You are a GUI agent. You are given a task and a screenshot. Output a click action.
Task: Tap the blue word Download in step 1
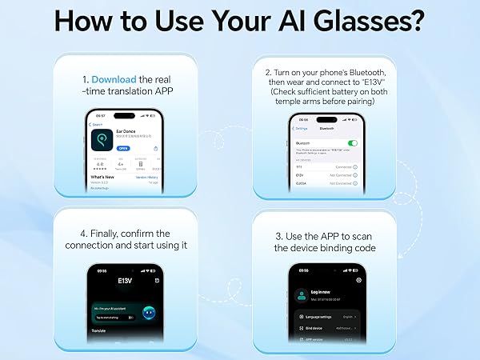pos(114,80)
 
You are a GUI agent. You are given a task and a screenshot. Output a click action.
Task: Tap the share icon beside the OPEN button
pos(154,148)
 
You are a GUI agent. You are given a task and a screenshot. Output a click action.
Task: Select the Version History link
pos(146,177)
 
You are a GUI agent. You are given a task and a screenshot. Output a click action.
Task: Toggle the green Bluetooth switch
pos(352,143)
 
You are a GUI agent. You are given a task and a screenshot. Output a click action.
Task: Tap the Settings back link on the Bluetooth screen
pos(301,128)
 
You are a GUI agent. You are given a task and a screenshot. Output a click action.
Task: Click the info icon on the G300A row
pos(354,182)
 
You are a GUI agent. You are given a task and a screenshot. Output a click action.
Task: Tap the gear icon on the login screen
pos(358,280)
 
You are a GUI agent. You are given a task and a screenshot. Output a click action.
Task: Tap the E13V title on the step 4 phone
pos(124,281)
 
